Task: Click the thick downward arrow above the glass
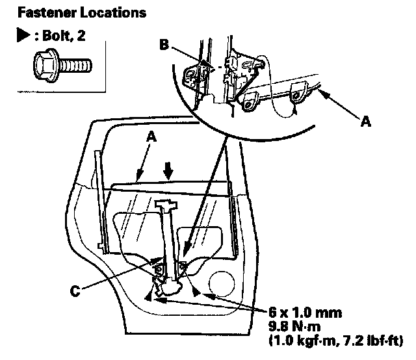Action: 169,170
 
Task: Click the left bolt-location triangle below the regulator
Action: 148,296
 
